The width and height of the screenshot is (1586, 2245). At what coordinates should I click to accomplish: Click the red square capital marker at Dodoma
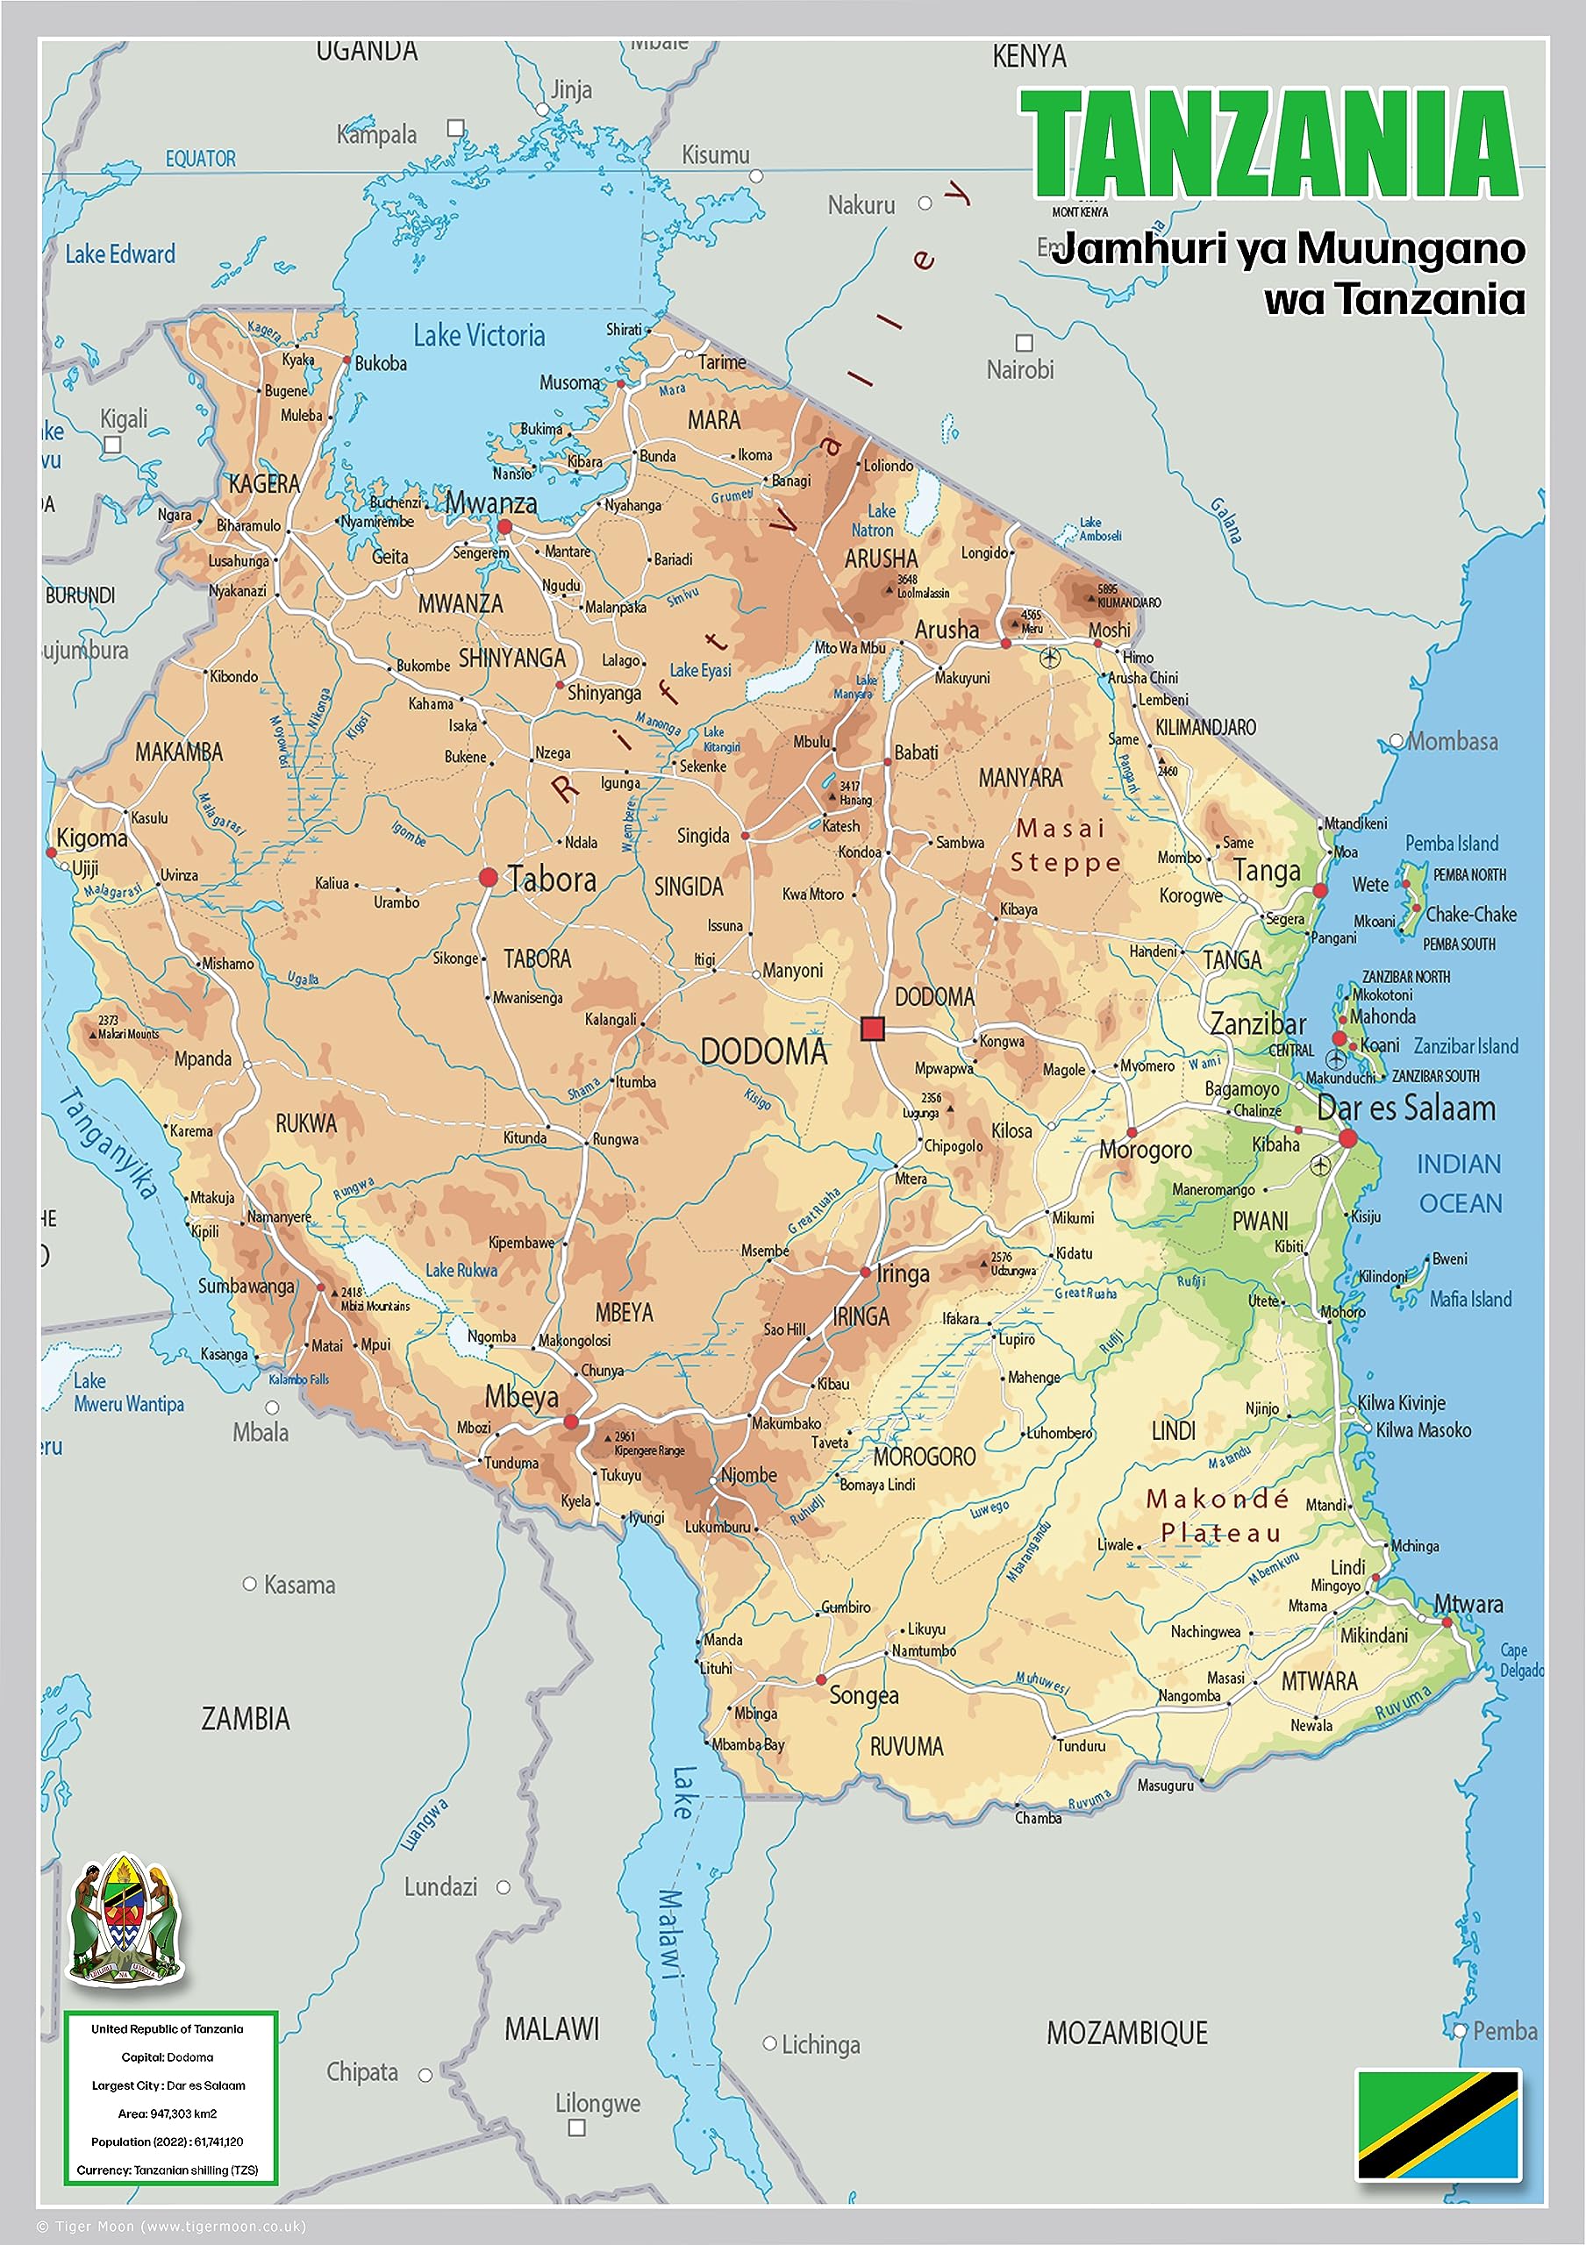coord(872,1029)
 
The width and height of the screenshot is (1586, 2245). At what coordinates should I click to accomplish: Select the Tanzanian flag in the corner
coord(1438,2125)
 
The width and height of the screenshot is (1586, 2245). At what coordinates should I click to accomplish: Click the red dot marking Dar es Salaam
coord(1347,1138)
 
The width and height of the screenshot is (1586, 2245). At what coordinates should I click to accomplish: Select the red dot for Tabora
coord(488,877)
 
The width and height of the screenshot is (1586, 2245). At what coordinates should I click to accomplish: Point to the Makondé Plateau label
coord(1218,1514)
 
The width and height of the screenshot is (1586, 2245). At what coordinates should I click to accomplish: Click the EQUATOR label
coord(201,159)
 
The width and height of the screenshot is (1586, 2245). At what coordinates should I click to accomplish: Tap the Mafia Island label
coord(1469,1300)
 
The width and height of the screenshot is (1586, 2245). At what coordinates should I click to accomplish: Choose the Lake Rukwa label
coord(461,1270)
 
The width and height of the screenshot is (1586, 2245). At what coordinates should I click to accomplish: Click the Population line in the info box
coord(168,2142)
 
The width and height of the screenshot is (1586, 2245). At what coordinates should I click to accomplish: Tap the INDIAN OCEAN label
coord(1460,1183)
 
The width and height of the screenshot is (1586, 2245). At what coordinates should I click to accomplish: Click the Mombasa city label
coord(1451,742)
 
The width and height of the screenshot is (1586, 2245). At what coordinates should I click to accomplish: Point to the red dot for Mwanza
coord(504,527)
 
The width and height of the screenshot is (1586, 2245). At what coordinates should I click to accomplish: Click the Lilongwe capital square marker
coord(577,2127)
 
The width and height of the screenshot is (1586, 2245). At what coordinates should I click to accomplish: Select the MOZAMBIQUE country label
coord(1126,2034)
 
